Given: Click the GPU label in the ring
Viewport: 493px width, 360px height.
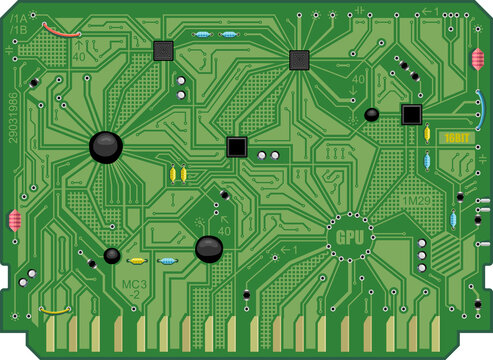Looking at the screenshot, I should pyautogui.click(x=350, y=237).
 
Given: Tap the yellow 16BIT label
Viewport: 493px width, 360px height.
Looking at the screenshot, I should pyautogui.click(x=456, y=136).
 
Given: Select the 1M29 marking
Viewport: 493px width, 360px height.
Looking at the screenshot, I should pyautogui.click(x=416, y=201).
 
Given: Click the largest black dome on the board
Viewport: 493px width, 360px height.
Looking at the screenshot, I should pyautogui.click(x=105, y=147).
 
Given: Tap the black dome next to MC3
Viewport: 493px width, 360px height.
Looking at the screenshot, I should pyautogui.click(x=112, y=256).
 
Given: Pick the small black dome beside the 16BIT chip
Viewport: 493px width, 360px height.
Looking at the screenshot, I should pyautogui.click(x=372, y=114).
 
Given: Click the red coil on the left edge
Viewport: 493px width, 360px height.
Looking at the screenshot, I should pyautogui.click(x=15, y=221).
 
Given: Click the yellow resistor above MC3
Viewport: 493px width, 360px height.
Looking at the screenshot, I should pyautogui.click(x=138, y=261).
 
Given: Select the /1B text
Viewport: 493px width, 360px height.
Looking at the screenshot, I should pyautogui.click(x=19, y=31).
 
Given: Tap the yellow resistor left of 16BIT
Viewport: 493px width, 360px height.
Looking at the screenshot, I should pyautogui.click(x=429, y=138).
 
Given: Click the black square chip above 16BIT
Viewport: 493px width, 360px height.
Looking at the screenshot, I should pyautogui.click(x=411, y=113).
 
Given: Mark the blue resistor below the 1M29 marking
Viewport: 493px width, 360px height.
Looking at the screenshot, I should pyautogui.click(x=453, y=220).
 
